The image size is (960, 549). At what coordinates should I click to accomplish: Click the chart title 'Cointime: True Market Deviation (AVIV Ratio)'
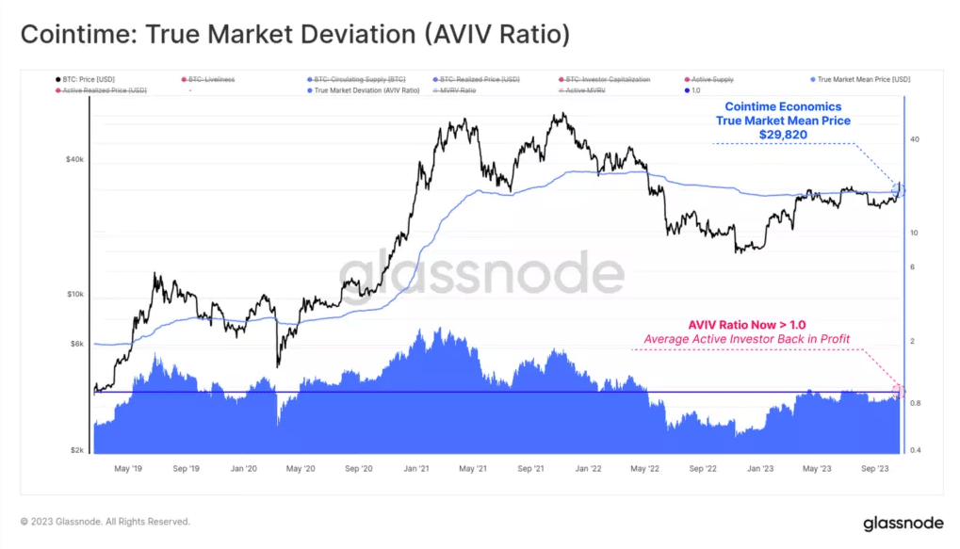(295, 35)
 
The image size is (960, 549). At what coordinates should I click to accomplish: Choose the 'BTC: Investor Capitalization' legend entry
(607, 80)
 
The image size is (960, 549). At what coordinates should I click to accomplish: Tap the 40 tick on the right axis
(914, 139)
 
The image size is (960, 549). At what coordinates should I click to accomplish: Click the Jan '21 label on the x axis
(418, 467)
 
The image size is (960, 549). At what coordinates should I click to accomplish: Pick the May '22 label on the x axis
(645, 467)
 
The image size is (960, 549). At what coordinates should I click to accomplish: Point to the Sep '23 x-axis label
(875, 467)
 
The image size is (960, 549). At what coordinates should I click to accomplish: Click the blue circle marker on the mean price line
(898, 190)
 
